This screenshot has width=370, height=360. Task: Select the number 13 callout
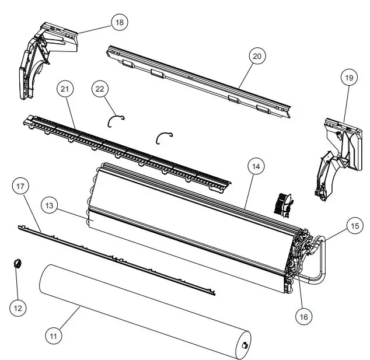(x=51, y=207)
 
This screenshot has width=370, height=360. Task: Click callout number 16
(x=303, y=317)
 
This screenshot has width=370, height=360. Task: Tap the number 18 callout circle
(x=120, y=22)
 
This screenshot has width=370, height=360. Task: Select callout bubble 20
(x=257, y=57)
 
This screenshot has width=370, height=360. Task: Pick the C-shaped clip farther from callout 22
(x=165, y=136)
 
